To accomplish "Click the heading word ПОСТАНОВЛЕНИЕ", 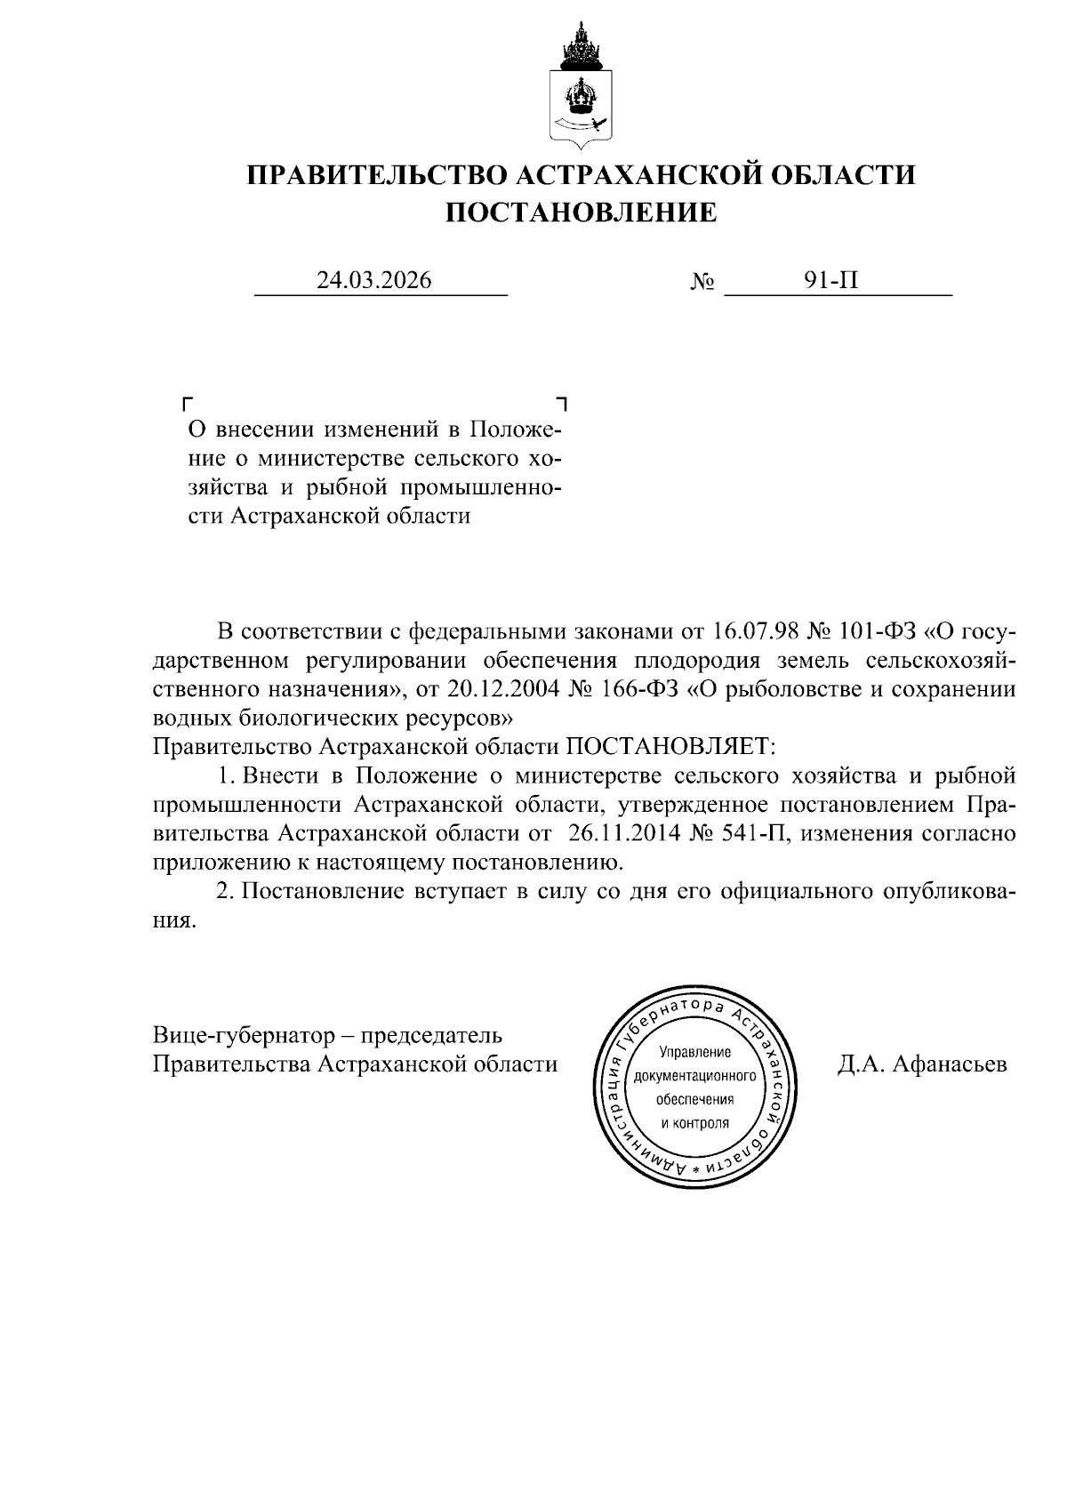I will (581, 213).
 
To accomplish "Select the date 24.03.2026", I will (374, 281).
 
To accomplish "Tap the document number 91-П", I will (831, 281).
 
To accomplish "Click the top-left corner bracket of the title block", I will (188, 403).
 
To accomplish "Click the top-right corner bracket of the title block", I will (560, 403).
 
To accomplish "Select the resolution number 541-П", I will (750, 833).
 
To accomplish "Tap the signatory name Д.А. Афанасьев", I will (922, 1064).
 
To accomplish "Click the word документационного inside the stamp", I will (694, 1076).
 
